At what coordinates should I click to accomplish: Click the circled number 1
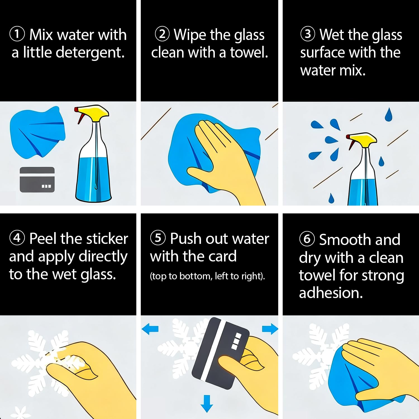pos(17,34)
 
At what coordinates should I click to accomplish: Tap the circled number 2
pos(163,34)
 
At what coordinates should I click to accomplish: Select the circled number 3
pos(308,34)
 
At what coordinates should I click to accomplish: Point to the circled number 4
pos(17,238)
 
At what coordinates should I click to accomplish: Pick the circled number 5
pos(158,238)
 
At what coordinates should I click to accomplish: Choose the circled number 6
pos(307,239)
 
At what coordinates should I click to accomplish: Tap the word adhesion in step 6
pos(331,293)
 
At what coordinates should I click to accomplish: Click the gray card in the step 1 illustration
pos(37,180)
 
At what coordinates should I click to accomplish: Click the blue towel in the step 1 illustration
pos(37,131)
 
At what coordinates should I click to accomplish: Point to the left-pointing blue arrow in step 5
pos(150,329)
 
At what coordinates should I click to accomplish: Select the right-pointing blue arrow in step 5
pos(270,329)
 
